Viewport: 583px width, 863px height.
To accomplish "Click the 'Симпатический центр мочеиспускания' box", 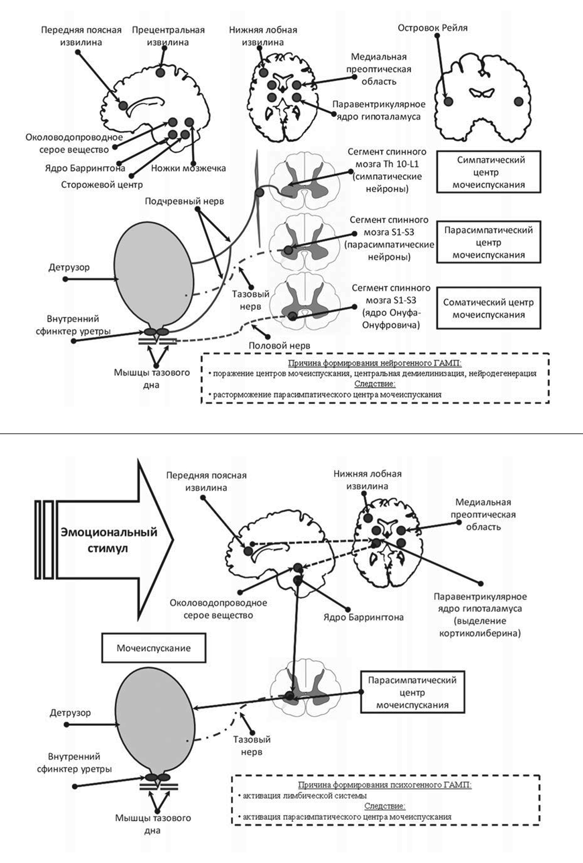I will click(488, 172).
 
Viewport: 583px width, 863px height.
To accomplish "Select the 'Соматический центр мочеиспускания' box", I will click(488, 308).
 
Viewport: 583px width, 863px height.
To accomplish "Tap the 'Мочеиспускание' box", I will click(154, 648).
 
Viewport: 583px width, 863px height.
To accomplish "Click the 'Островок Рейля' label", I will click(432, 28).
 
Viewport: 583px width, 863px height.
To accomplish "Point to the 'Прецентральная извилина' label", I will click(168, 36).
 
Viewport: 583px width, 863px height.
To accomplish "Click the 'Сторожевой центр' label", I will click(102, 184).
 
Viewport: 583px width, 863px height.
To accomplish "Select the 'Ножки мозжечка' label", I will click(188, 168).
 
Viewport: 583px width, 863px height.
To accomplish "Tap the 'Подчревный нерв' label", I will click(184, 201).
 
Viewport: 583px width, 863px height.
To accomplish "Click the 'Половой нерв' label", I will click(279, 345).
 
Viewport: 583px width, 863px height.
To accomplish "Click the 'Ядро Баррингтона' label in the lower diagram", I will click(363, 617).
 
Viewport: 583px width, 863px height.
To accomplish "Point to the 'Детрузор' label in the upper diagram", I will click(69, 267).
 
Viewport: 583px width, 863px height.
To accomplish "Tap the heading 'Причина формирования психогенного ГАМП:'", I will click(384, 785).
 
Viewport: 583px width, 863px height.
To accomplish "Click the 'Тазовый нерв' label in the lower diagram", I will click(252, 746).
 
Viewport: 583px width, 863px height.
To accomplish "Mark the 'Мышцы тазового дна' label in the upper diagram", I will click(152, 378).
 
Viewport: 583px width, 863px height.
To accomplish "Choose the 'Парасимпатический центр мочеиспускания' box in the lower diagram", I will click(412, 692).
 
